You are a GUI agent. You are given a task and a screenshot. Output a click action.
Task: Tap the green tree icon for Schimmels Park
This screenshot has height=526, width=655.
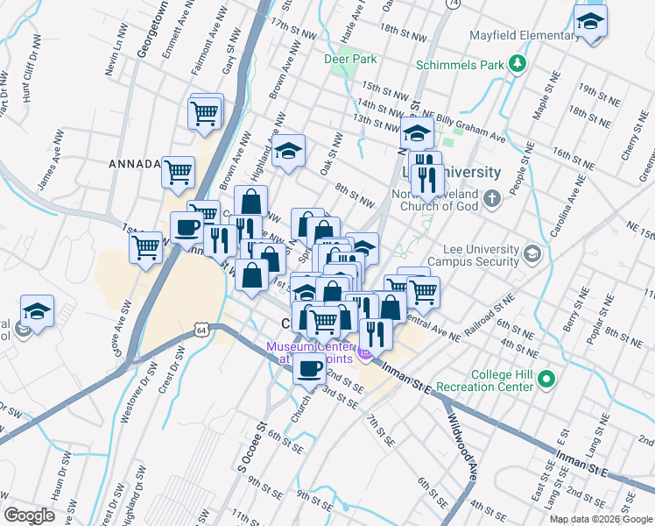point(518,63)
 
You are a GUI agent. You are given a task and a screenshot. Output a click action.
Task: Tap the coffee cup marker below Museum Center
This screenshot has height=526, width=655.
point(308,368)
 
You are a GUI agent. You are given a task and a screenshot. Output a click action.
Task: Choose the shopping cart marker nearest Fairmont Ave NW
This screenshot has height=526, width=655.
point(204,113)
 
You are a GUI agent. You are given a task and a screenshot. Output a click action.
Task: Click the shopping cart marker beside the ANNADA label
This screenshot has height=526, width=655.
point(178,172)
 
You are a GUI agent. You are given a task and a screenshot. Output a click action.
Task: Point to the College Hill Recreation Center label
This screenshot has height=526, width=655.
point(504,380)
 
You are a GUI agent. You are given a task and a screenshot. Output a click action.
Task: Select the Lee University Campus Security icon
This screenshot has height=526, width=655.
point(532,255)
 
